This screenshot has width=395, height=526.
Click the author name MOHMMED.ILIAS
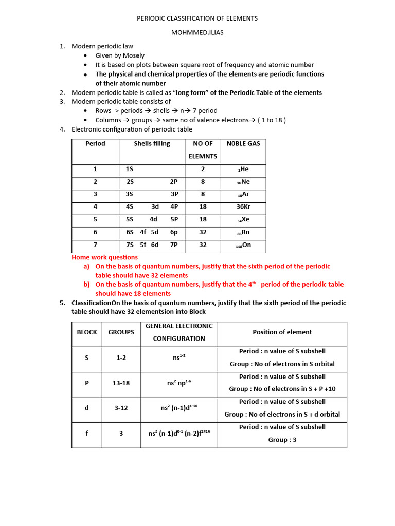pyautogui.click(x=197, y=32)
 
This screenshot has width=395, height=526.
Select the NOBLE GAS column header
pyautogui.click(x=243, y=144)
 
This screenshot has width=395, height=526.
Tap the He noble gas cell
pyautogui.click(x=243, y=169)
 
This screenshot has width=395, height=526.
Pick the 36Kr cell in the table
pyautogui.click(x=243, y=207)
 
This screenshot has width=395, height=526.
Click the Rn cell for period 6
pyautogui.click(x=243, y=232)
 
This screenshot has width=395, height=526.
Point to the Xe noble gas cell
pyautogui.click(x=243, y=219)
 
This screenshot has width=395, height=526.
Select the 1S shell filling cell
pyautogui.click(x=130, y=169)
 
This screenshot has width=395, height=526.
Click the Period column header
pyautogui.click(x=95, y=144)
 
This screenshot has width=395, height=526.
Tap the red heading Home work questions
pyautogui.click(x=104, y=257)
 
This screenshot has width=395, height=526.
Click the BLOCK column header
pyautogui.click(x=87, y=332)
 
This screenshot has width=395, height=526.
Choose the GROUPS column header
pyautogui.click(x=121, y=332)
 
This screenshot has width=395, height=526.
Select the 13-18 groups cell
pyautogui.click(x=121, y=383)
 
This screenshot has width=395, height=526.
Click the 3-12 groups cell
pyautogui.click(x=121, y=408)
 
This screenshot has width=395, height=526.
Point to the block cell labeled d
pyautogui.click(x=87, y=408)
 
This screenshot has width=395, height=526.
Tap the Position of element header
pyautogui.click(x=282, y=332)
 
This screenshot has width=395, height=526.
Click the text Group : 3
pyautogui.click(x=282, y=440)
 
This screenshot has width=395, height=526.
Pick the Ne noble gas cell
pyautogui.click(x=243, y=182)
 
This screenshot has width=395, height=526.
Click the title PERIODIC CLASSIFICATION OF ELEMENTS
pyautogui.click(x=197, y=18)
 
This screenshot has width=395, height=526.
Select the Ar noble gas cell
pyautogui.click(x=243, y=194)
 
